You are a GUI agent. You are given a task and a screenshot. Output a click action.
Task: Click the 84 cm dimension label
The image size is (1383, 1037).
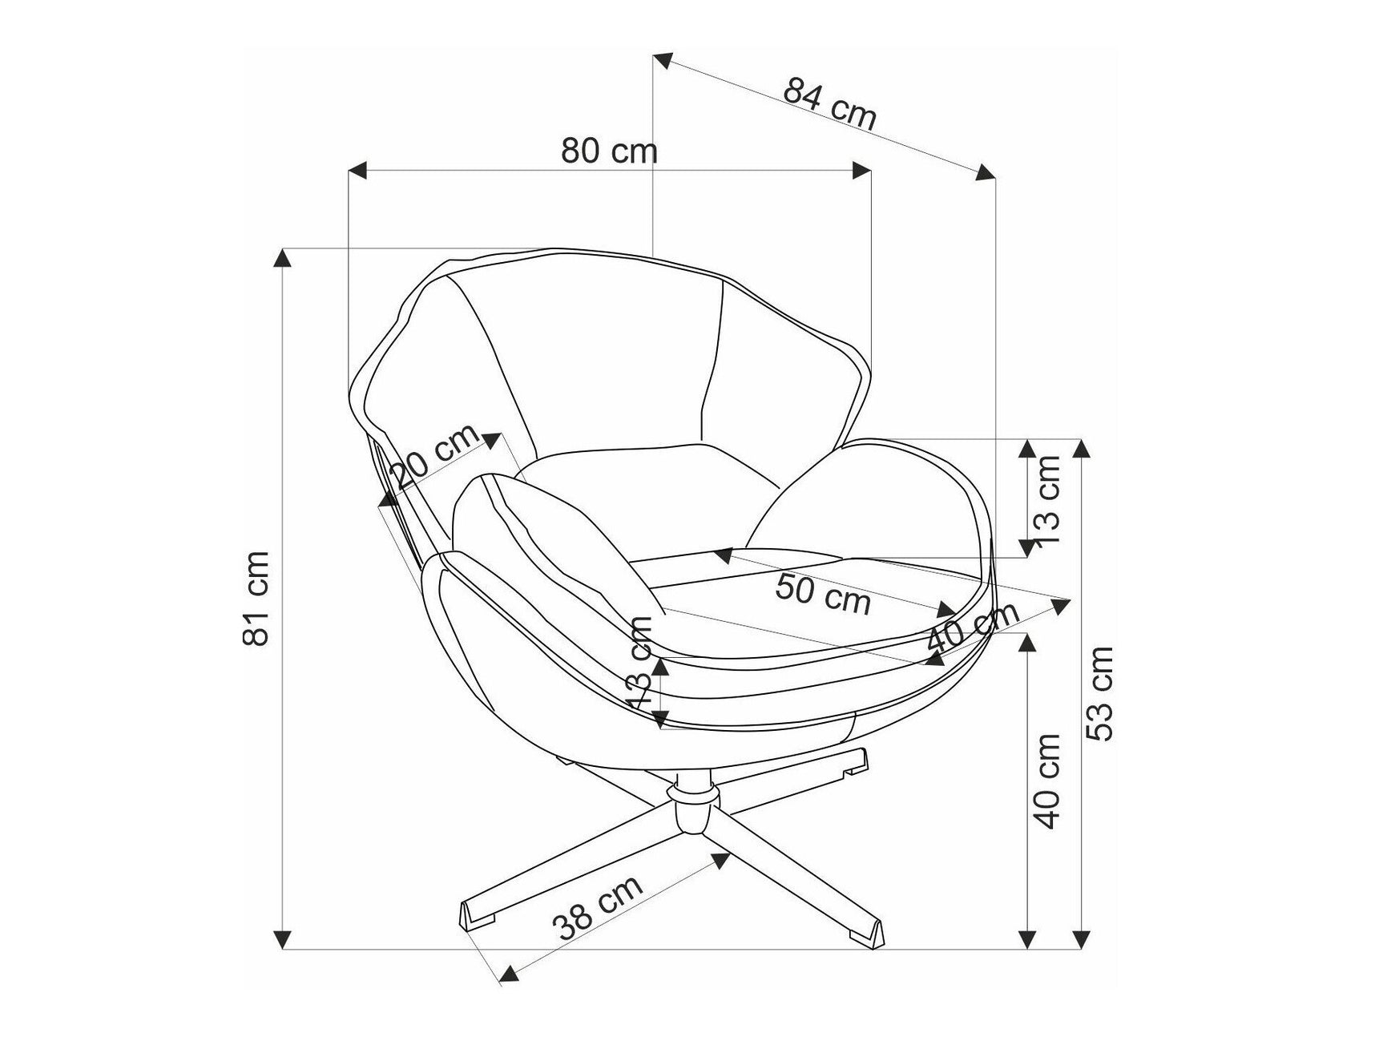[830, 103]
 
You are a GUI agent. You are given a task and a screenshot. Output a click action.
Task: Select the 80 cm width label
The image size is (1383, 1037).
[609, 150]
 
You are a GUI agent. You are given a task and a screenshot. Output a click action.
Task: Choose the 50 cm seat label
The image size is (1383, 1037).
[823, 594]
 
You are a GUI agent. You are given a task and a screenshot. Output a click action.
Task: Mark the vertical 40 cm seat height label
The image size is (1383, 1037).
[1046, 781]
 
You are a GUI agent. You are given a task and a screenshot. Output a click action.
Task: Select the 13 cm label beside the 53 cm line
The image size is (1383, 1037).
[1046, 500]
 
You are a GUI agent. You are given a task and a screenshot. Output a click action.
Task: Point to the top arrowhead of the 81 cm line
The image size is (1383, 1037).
[281, 258]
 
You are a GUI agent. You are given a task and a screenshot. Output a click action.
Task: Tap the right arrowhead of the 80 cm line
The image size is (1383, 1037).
[861, 170]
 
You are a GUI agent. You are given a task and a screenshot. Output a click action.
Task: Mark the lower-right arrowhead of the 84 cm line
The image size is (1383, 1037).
[986, 172]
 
